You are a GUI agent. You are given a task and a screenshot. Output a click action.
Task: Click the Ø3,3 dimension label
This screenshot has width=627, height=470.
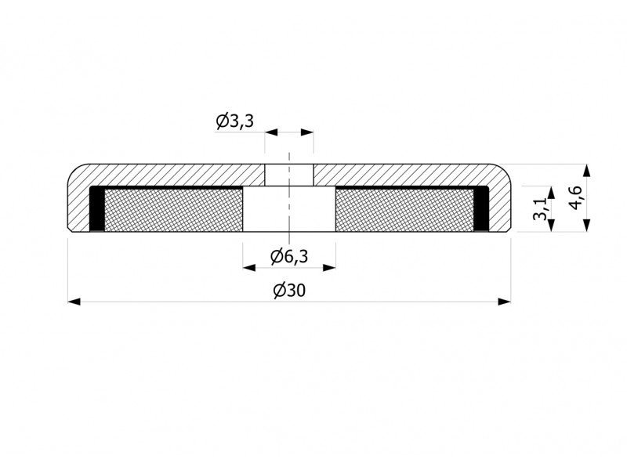(x=234, y=121)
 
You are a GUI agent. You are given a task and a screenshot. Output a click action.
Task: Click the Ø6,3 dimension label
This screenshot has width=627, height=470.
(x=289, y=256)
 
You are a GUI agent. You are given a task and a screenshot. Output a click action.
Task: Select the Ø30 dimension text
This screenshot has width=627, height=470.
(x=289, y=291)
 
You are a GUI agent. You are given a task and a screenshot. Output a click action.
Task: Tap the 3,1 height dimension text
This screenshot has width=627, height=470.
(x=540, y=209)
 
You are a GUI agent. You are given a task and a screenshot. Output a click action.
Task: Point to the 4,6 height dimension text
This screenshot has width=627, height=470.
(x=576, y=198)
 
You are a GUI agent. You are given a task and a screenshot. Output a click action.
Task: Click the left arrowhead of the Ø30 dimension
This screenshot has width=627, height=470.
(x=74, y=302)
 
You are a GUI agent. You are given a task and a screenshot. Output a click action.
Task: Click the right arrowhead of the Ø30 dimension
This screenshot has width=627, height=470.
(x=505, y=302)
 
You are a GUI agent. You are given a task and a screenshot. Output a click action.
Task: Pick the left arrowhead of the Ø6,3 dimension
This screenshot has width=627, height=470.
(x=249, y=267)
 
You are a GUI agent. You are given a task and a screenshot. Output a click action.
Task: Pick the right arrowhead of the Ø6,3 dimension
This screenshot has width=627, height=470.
(x=329, y=267)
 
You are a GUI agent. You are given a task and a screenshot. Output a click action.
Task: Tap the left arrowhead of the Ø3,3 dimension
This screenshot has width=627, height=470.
(x=271, y=132)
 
